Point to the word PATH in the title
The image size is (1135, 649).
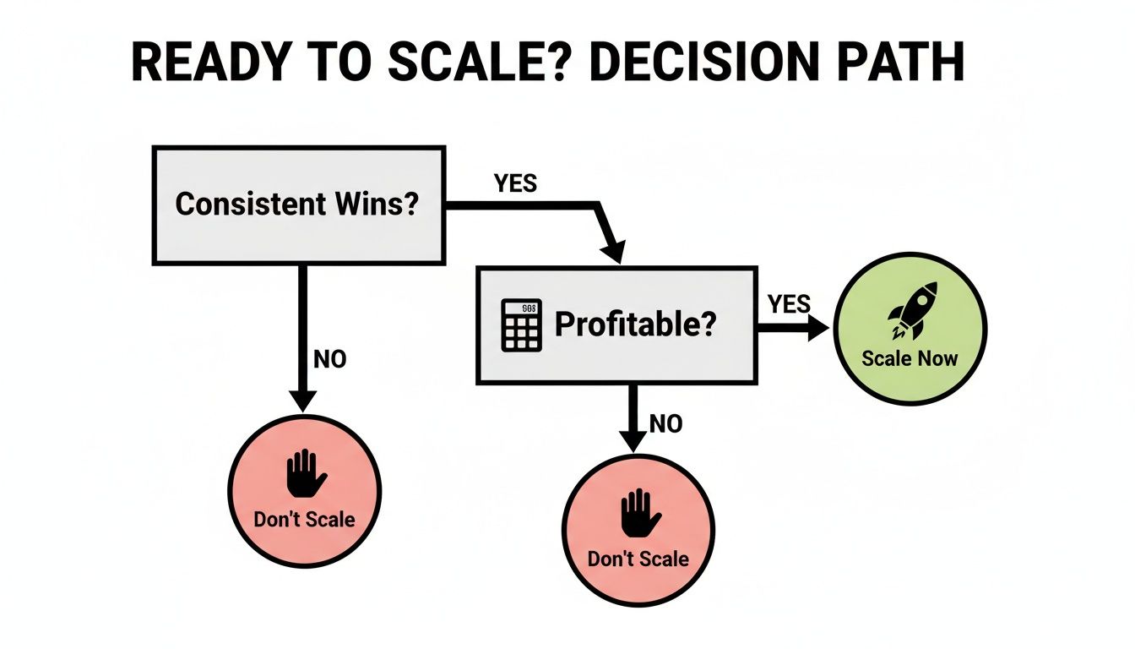tap(898, 63)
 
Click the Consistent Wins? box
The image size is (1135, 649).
tap(298, 205)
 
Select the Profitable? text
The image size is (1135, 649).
tap(634, 325)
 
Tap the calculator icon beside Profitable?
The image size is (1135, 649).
tap(521, 326)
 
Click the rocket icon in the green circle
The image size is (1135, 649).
tap(909, 310)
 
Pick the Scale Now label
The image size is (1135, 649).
tap(910, 358)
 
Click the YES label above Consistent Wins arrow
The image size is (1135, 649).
tap(515, 183)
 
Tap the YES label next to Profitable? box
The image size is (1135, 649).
tap(790, 303)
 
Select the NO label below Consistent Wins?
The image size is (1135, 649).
tap(329, 359)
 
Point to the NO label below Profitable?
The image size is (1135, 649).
tap(665, 423)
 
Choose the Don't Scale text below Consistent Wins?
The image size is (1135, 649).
tap(304, 518)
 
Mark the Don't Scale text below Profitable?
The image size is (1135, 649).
tap(638, 559)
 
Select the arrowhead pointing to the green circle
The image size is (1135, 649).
tap(817, 330)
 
